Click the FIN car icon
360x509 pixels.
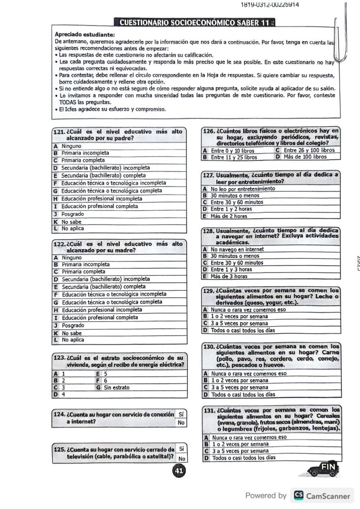323,469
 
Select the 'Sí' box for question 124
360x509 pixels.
181,415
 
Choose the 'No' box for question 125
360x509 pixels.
181,458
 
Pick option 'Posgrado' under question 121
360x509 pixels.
73,214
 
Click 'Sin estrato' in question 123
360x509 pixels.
115,387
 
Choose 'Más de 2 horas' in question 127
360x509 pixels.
229,216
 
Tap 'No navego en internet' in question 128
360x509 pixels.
237,250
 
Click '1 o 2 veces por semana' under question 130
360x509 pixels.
239,380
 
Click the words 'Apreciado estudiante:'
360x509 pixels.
85,34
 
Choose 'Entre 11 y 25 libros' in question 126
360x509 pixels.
233,157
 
